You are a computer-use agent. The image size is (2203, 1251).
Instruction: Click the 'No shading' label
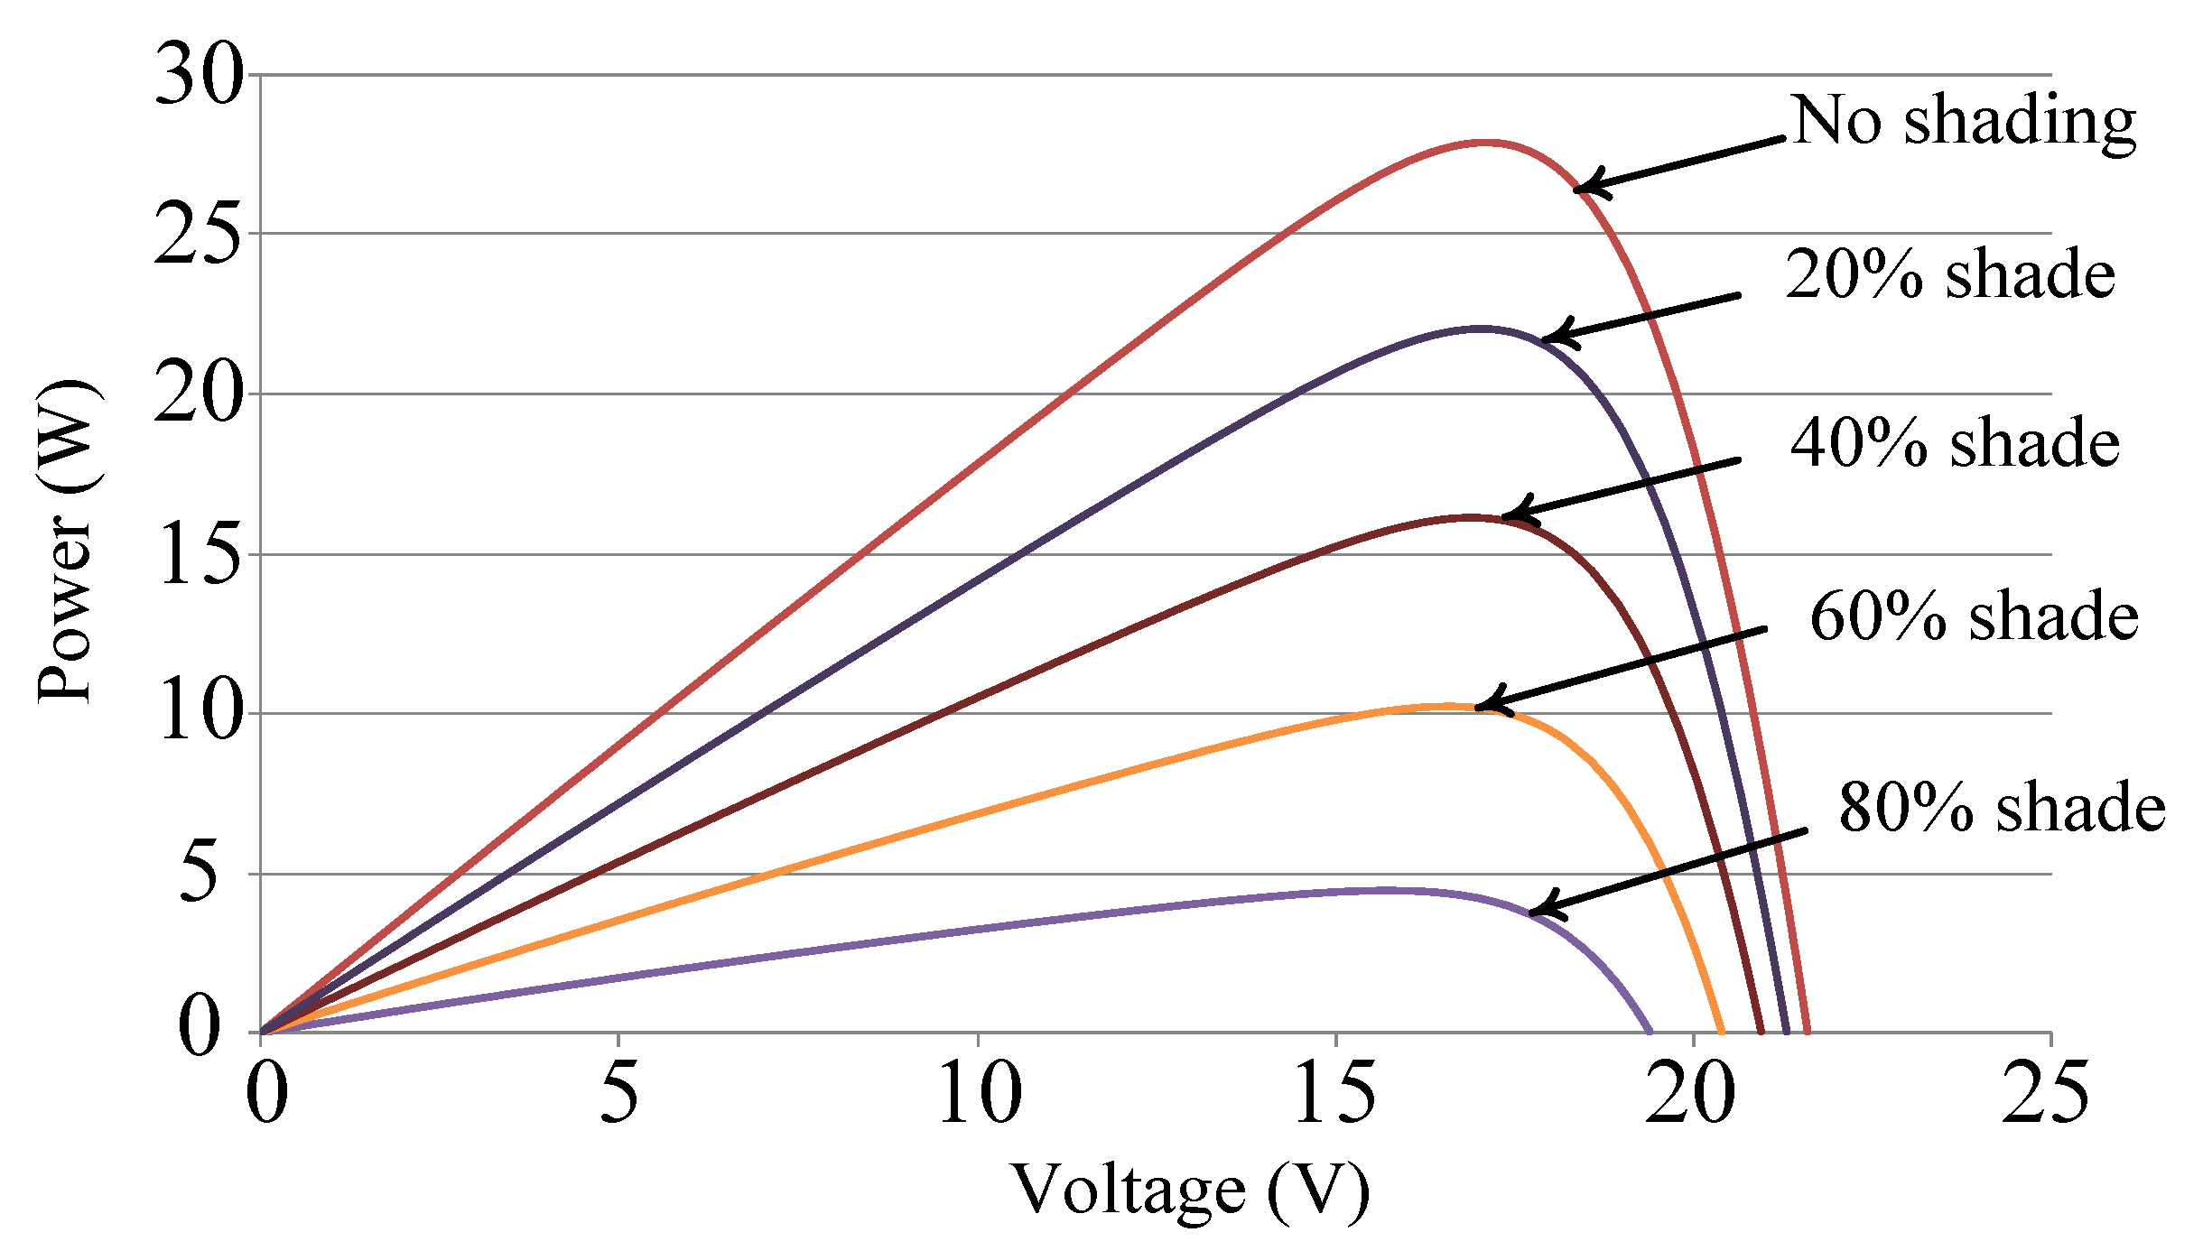tap(1963, 122)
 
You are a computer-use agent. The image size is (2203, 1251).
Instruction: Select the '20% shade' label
tap(1949, 274)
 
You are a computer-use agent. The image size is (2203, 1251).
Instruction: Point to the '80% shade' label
tap(2002, 807)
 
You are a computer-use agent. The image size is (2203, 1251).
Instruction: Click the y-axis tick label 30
tap(200, 76)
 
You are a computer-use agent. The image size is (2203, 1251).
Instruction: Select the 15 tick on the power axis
tap(200, 554)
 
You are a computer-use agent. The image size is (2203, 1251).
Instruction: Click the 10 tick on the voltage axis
tap(980, 1093)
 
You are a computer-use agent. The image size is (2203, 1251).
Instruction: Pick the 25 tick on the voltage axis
tap(2046, 1093)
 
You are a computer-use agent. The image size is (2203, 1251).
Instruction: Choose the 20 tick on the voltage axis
tap(1689, 1093)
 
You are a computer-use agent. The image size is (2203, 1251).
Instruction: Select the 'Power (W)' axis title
tap(68, 542)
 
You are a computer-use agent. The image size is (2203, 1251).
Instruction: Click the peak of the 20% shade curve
tap(1479, 329)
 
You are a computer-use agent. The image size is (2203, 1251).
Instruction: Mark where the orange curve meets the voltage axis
tap(1722, 1033)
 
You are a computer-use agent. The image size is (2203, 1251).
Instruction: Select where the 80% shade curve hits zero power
tap(1650, 1033)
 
